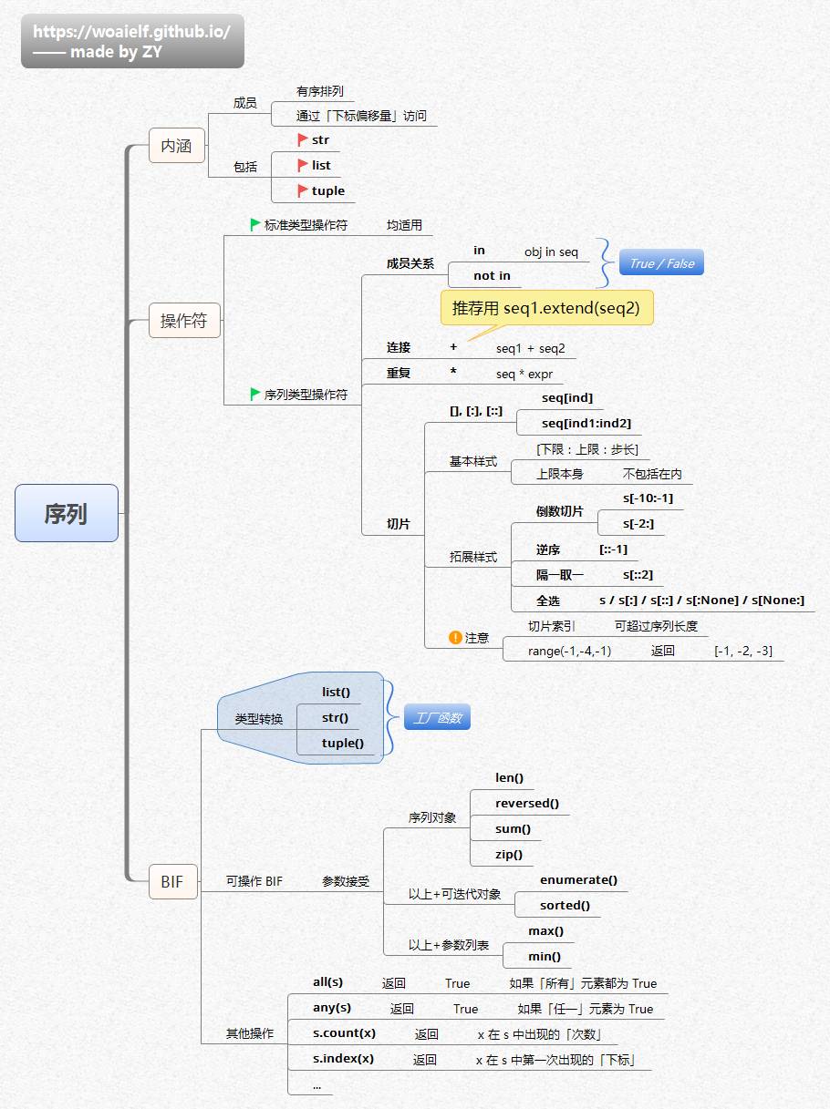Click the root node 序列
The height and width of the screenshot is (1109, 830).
(66, 513)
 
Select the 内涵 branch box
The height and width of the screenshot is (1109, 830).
(176, 146)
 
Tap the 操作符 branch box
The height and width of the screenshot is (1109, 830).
(184, 321)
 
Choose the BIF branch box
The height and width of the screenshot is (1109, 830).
(171, 881)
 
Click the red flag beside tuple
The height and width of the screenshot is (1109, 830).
(303, 190)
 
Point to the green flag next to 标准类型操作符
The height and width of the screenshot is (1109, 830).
(255, 224)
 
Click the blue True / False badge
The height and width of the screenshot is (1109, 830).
(661, 263)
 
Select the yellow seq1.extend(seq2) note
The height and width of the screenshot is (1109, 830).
(546, 308)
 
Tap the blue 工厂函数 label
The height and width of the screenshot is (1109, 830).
(437, 718)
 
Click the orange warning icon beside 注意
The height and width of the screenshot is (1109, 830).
(455, 638)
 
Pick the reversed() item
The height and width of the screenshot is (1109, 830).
(526, 803)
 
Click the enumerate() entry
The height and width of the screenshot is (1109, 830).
(578, 879)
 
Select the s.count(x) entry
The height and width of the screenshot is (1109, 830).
(344, 1032)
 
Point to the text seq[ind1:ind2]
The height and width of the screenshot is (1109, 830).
(586, 423)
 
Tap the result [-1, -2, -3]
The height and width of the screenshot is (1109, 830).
(742, 651)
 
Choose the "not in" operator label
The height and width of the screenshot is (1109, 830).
(492, 275)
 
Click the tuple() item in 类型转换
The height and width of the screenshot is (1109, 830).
(342, 743)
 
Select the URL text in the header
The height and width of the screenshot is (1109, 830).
(131, 31)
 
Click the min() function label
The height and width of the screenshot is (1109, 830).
(545, 956)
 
